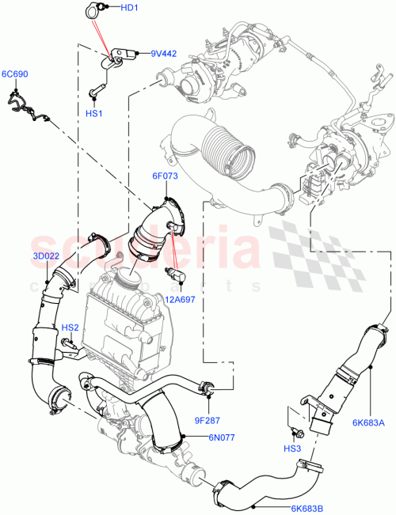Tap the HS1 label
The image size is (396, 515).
(94, 114)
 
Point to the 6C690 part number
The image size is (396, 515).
(14, 74)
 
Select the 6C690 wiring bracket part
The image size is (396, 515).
(25, 107)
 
